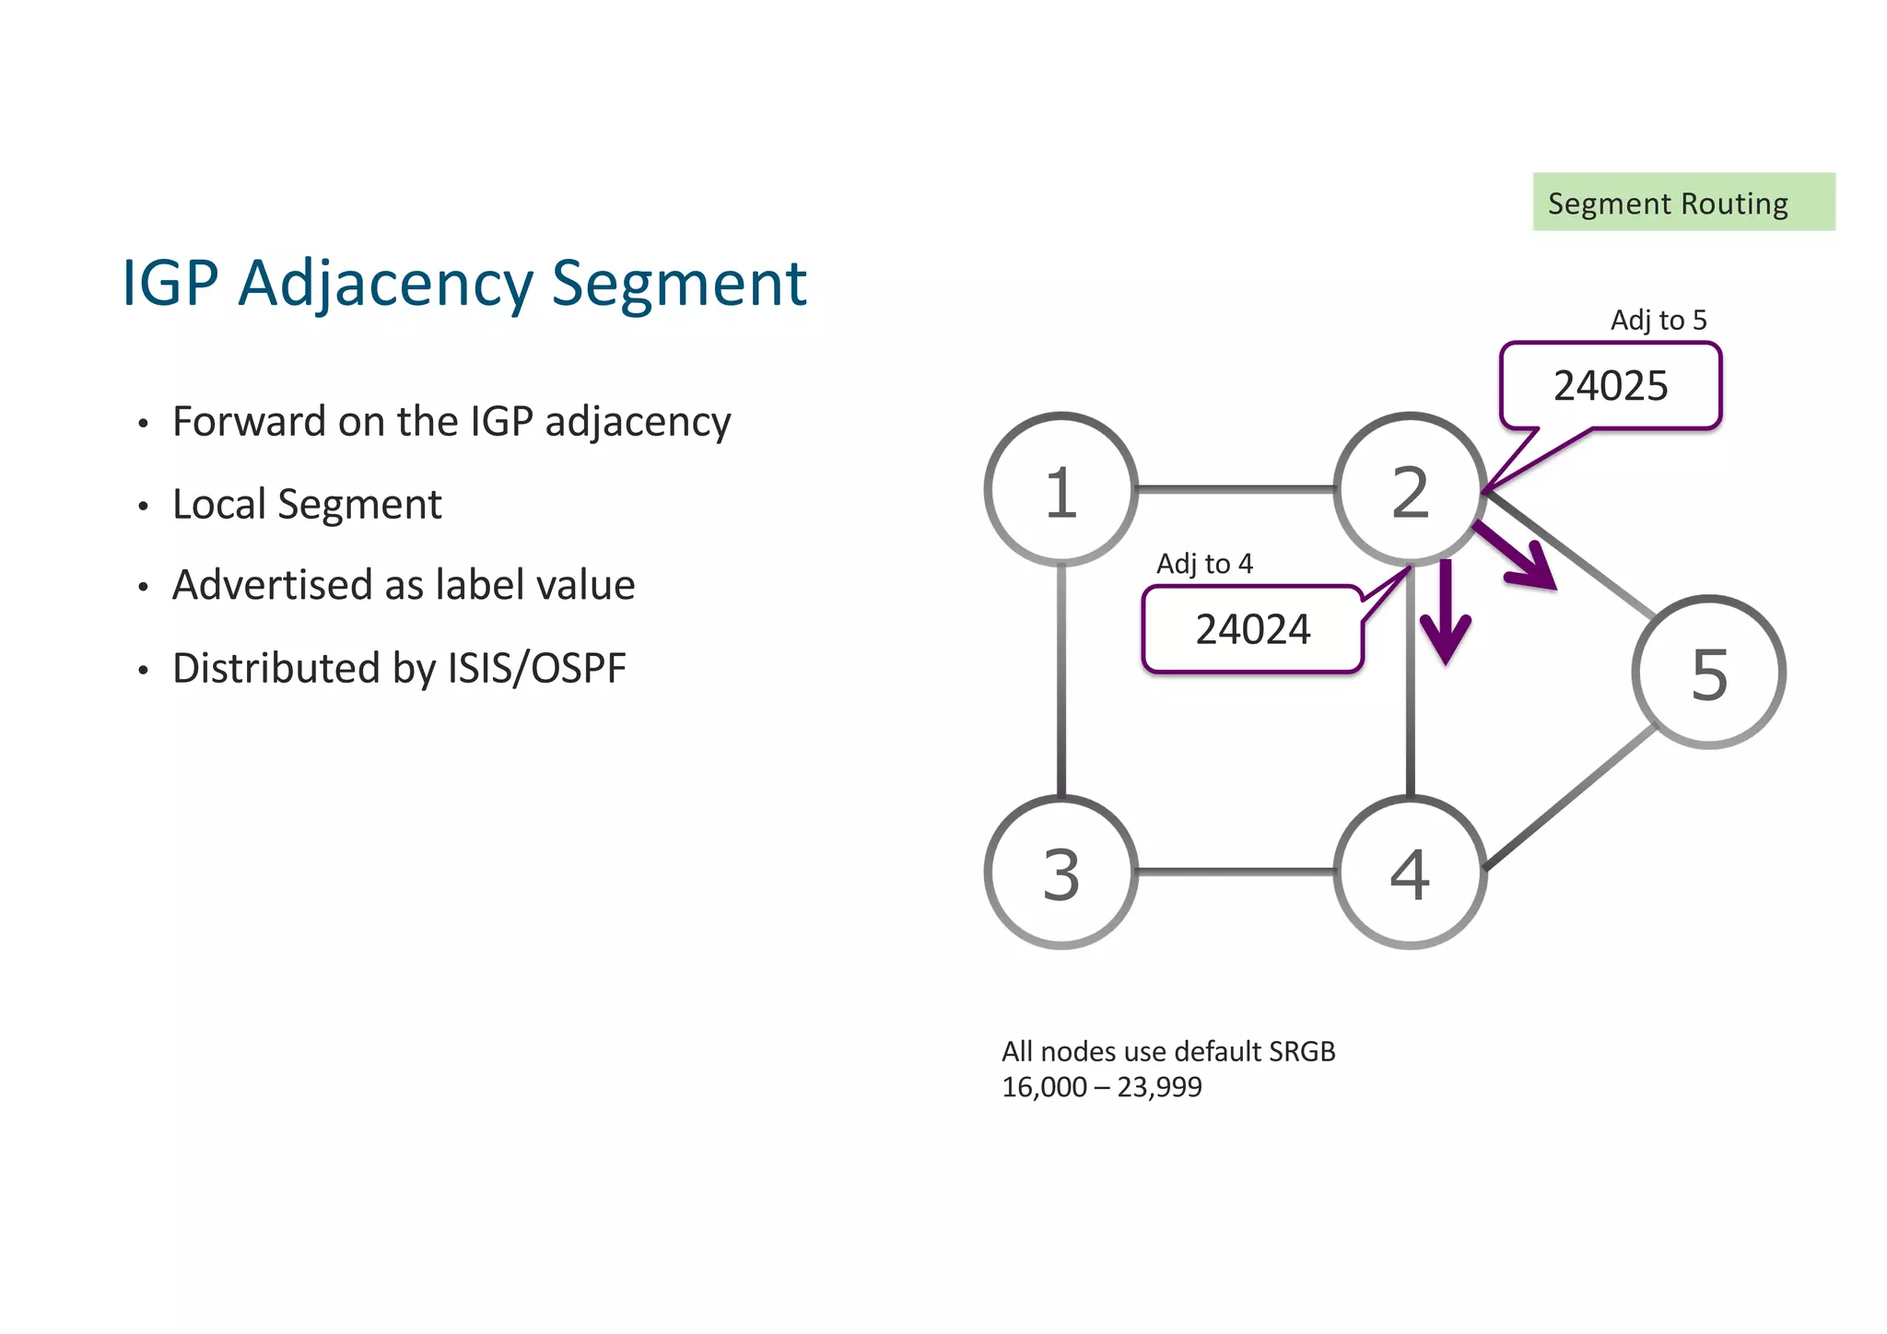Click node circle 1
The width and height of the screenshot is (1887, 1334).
click(x=1061, y=489)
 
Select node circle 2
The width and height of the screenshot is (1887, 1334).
click(x=1410, y=489)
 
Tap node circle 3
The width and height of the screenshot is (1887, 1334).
click(x=1061, y=872)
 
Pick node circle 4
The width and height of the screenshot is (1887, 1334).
click(x=1410, y=872)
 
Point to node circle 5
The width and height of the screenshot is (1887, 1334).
click(x=1708, y=673)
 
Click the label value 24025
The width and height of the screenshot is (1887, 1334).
click(x=1610, y=386)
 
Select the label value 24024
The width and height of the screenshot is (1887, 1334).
click(x=1252, y=630)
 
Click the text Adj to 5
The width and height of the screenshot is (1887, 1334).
click(x=1658, y=321)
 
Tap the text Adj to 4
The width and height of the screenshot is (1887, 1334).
click(x=1204, y=564)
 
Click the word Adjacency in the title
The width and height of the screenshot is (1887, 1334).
click(x=385, y=284)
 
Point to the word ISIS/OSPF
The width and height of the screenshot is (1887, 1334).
click(x=536, y=668)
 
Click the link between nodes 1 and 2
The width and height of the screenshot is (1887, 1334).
click(x=1235, y=489)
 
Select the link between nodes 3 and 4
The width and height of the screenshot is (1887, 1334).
click(x=1235, y=871)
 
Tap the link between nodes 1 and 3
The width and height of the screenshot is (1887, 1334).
click(x=1061, y=682)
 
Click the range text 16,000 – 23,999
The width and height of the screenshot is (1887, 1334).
click(x=1101, y=1088)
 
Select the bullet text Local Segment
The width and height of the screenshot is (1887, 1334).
click(x=307, y=505)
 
